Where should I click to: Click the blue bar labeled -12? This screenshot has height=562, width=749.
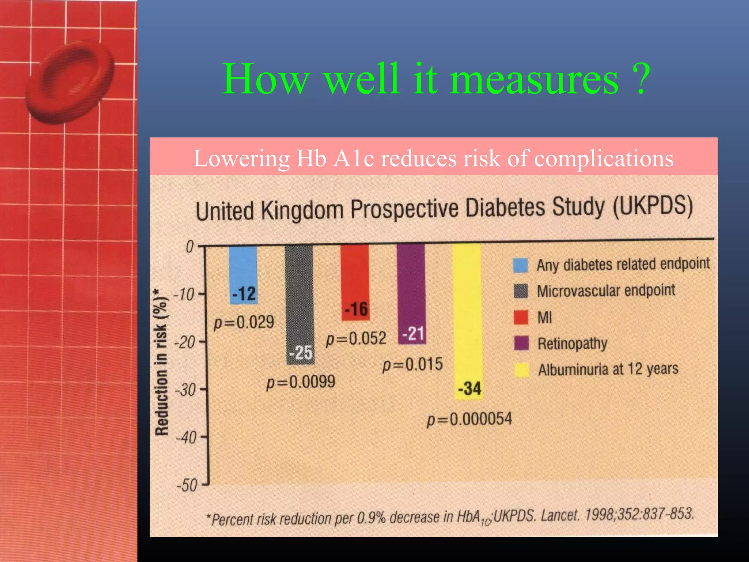[x=243, y=274]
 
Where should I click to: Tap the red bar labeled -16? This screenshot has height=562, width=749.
[x=355, y=282]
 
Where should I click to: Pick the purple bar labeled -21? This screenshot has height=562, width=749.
[x=411, y=293]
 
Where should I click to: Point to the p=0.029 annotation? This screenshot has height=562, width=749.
[x=244, y=322]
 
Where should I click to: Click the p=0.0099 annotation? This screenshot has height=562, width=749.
[x=301, y=382]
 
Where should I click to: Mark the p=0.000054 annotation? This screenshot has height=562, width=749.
[x=470, y=419]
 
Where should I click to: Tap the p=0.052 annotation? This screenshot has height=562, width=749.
[x=356, y=339]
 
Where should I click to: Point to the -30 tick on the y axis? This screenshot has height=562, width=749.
[x=186, y=390]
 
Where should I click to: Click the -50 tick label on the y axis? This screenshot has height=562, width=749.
[x=187, y=486]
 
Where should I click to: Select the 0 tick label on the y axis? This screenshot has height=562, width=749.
[x=189, y=247]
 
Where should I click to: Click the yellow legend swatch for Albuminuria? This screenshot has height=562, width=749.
[x=522, y=370]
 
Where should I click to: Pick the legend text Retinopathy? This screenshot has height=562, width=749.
[x=572, y=344]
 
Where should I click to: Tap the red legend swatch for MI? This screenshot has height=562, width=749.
[x=521, y=317]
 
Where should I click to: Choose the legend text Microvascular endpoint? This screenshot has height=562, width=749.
[x=606, y=291]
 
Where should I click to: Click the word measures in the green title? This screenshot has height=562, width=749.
[x=534, y=79]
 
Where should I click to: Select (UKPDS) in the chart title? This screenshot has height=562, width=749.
[x=652, y=206]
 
